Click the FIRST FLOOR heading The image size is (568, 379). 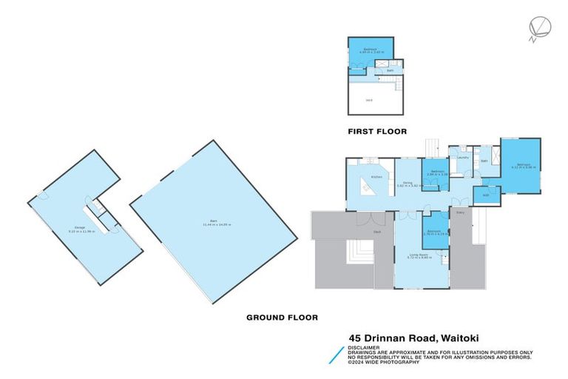(x=378, y=131)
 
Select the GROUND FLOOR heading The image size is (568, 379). (x=281, y=317)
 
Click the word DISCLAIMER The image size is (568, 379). (x=365, y=346)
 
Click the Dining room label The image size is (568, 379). (x=408, y=183)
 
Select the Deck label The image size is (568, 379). (x=376, y=231)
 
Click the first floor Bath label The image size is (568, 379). (x=390, y=71)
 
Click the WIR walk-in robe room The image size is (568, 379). (x=487, y=195)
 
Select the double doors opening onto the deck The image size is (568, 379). (x=365, y=220)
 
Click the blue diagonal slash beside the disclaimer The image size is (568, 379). (x=337, y=354)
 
